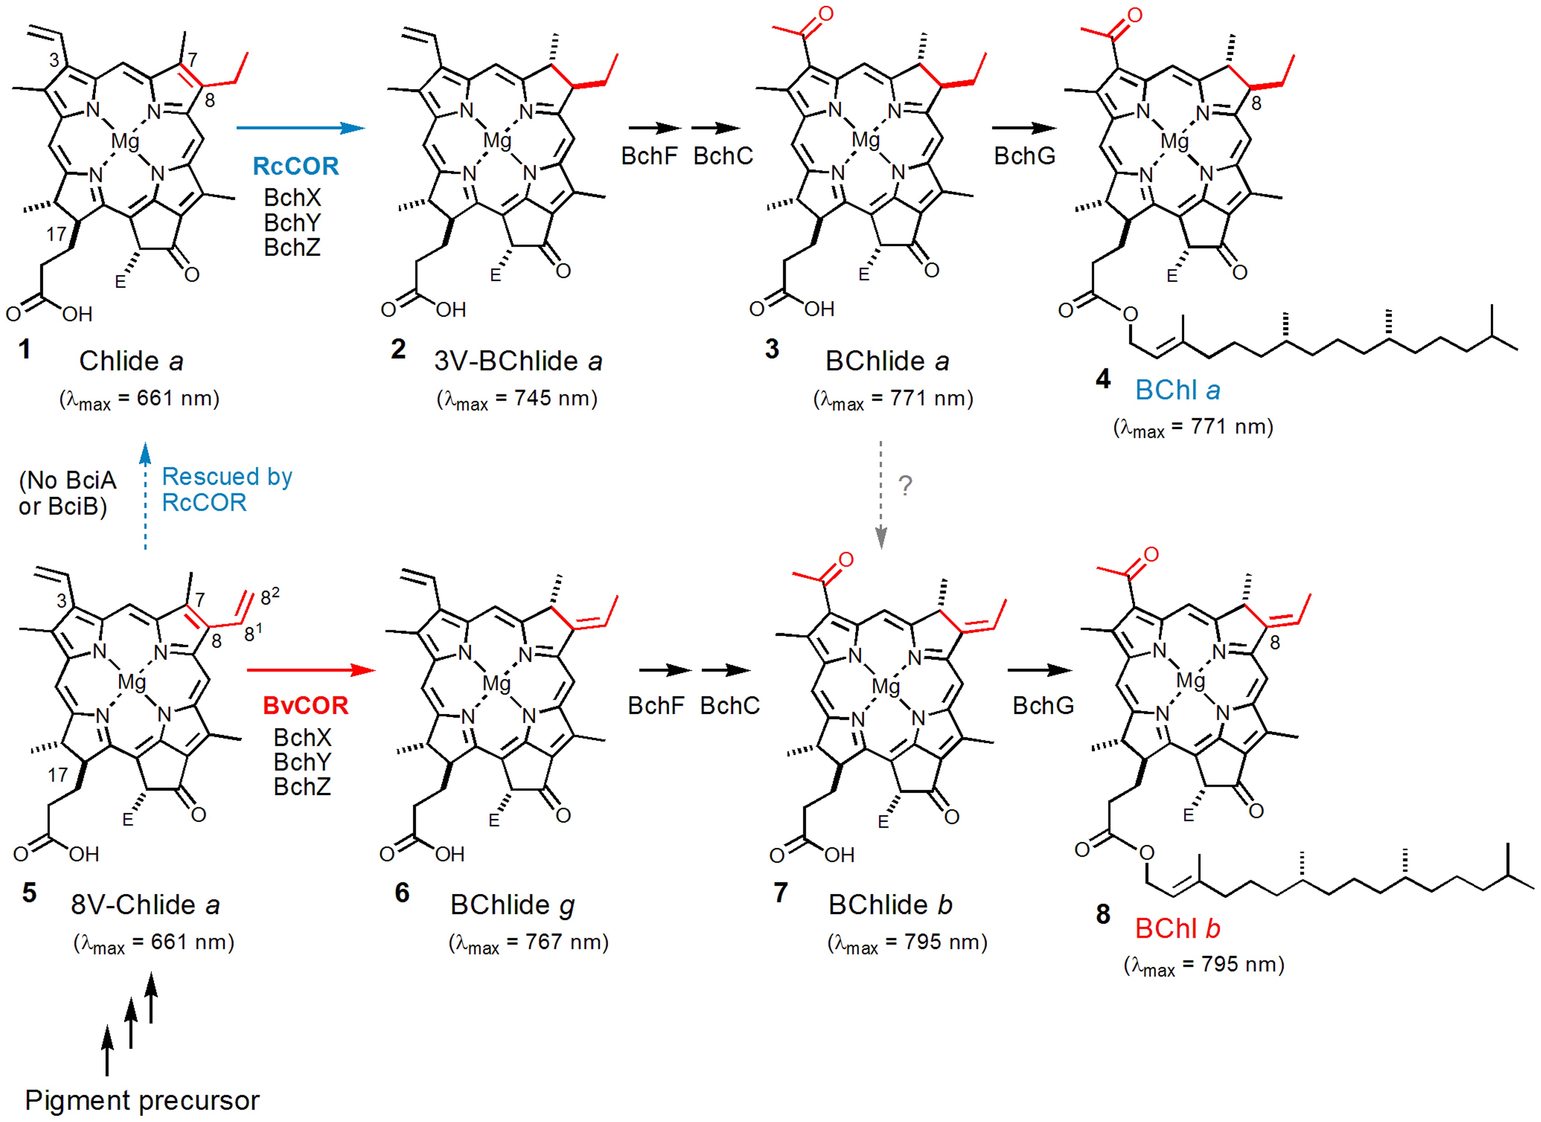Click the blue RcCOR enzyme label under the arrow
296,166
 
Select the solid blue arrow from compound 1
300,128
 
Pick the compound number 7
781,892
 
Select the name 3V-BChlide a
518,361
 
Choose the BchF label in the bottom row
656,706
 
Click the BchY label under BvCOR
302,762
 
